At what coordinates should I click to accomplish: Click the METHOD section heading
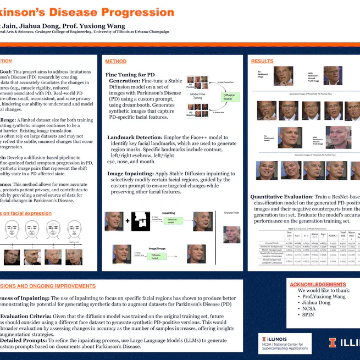coord(116,62)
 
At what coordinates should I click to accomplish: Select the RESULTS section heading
coord(262,61)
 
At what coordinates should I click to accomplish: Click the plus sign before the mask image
coord(128,221)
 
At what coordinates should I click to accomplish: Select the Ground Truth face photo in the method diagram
coord(231,234)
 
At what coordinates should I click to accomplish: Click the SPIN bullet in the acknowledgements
coord(309,316)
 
